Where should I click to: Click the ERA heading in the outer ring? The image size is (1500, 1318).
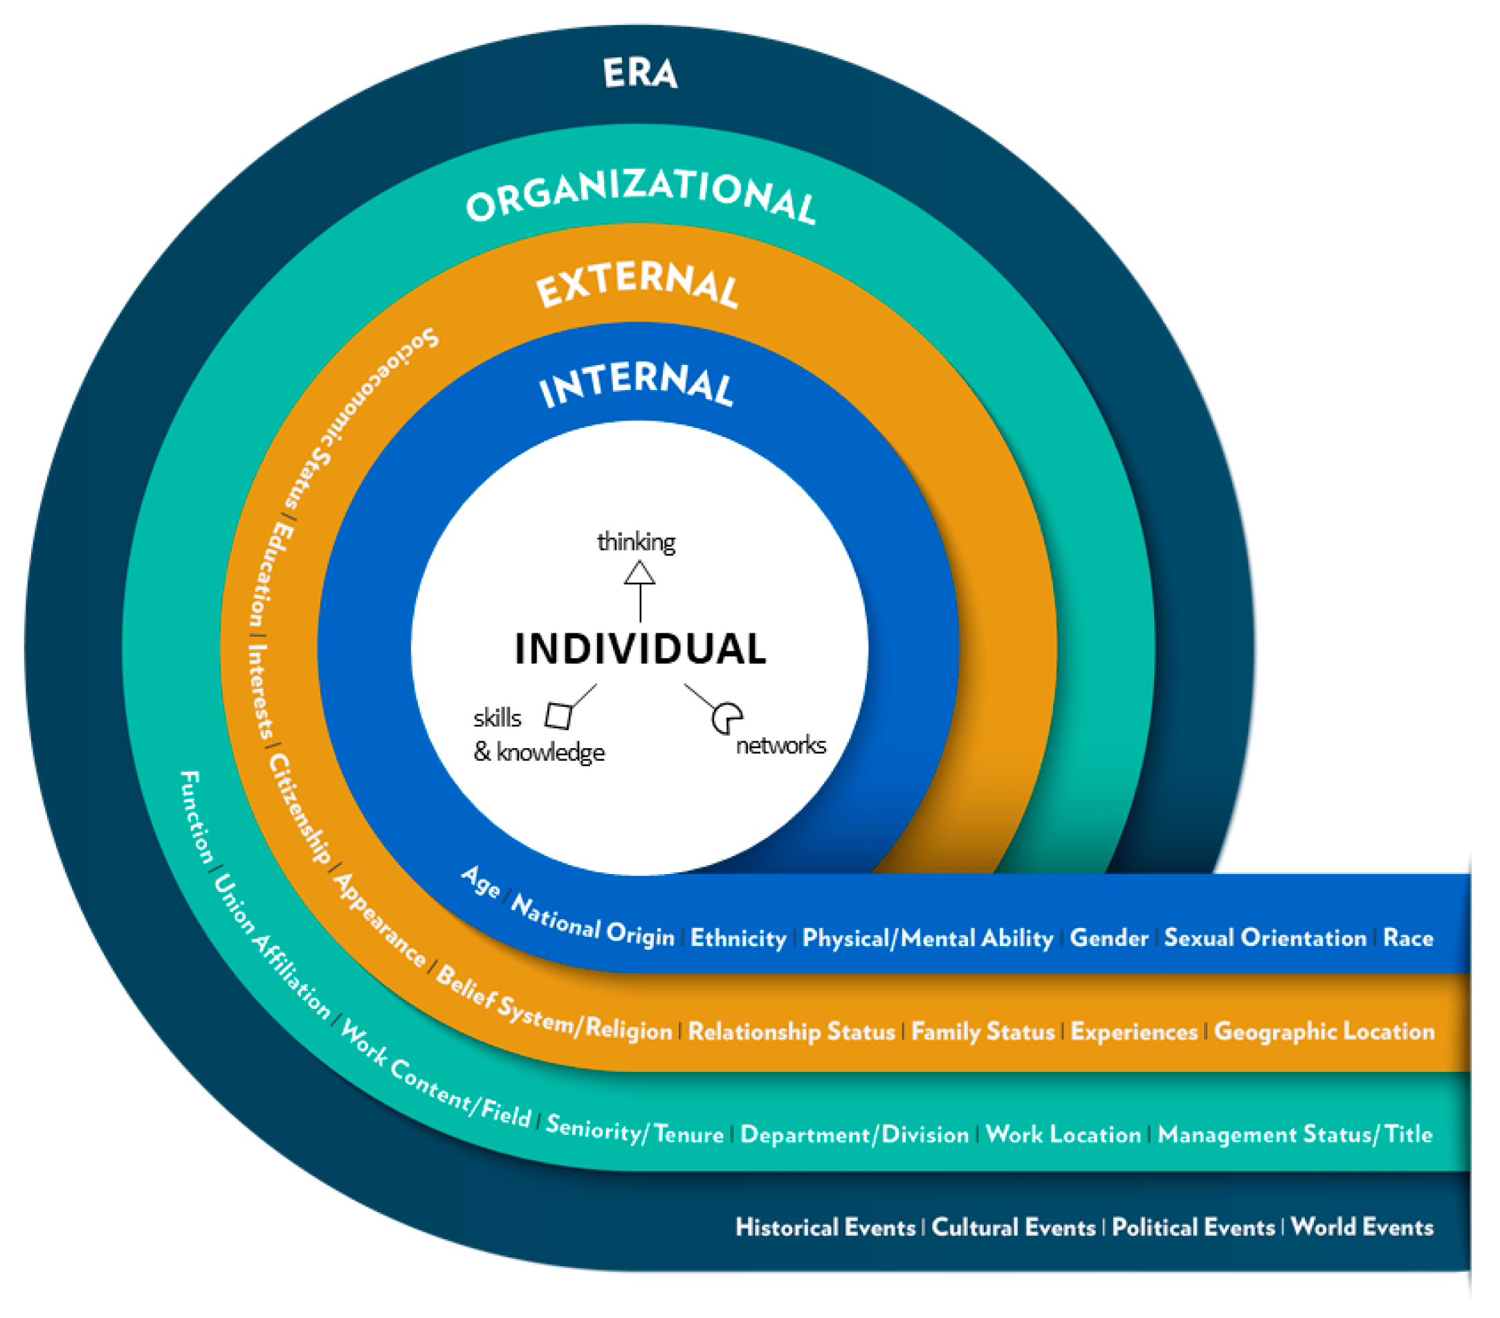640,73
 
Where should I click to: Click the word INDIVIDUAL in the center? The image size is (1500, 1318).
640,649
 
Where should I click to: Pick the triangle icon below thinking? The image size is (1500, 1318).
639,573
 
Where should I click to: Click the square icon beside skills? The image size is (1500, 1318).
558,716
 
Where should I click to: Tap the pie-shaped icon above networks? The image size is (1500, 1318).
726,718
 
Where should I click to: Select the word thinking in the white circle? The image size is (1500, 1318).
636,542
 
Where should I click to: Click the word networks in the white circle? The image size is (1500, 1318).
781,745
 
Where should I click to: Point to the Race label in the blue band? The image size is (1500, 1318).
1407,938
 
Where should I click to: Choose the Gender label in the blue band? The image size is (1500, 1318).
1109,938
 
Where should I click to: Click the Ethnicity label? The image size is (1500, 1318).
738,938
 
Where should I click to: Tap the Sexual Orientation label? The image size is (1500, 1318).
1265,938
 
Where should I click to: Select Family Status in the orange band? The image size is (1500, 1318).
982,1031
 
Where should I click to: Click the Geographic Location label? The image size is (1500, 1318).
1324,1031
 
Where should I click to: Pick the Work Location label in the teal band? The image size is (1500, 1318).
1063,1134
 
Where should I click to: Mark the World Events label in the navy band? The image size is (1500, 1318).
1362,1226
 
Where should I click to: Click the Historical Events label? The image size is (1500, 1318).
825,1227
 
